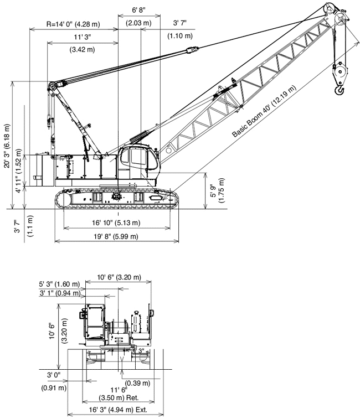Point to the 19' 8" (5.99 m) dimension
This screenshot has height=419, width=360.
[116, 236]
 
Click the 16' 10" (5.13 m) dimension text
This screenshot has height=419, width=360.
[116, 223]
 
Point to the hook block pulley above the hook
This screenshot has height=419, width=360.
[338, 71]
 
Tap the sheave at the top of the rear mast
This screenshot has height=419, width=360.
[52, 87]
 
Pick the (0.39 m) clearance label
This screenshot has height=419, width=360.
[138, 383]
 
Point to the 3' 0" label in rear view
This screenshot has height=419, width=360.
[54, 375]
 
